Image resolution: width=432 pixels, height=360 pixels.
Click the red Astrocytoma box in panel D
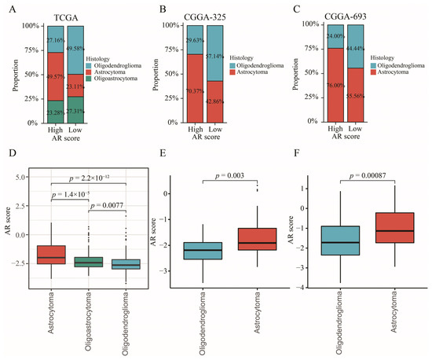click(x=52, y=255)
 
